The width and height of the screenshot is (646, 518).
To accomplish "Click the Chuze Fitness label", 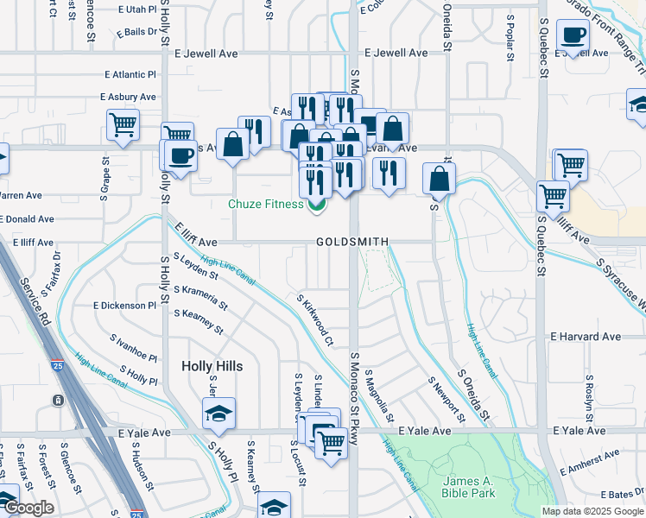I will pyautogui.click(x=265, y=205).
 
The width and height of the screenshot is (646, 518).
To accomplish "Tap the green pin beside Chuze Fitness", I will pyautogui.click(x=317, y=204).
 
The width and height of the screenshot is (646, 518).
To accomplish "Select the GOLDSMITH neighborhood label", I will pyautogui.click(x=351, y=242).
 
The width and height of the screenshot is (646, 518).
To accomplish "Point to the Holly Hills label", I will pyautogui.click(x=212, y=366).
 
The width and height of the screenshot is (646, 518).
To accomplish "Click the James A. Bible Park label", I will pyautogui.click(x=469, y=487).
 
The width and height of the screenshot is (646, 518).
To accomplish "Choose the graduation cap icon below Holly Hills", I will pyautogui.click(x=218, y=414).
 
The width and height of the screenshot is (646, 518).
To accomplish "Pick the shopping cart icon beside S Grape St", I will pyautogui.click(x=123, y=124).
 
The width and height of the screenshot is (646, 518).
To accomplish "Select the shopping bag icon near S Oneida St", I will pyautogui.click(x=439, y=179).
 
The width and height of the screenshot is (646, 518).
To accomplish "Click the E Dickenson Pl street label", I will pyautogui.click(x=124, y=306).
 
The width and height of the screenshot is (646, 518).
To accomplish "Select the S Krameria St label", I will pyautogui.click(x=200, y=298).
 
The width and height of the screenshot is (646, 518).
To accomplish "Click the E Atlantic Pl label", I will pyautogui.click(x=130, y=75).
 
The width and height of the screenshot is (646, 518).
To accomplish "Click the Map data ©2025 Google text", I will pyautogui.click(x=592, y=511).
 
